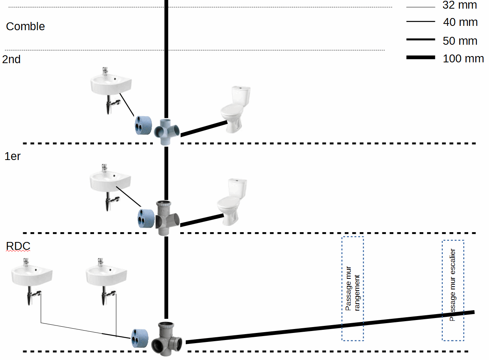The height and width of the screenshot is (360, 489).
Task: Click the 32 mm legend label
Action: pos(460,5)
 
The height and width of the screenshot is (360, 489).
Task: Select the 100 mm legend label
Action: pos(463,59)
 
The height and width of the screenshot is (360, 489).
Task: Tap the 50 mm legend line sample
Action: pos(420,40)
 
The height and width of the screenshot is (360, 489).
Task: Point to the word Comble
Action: pos(25,26)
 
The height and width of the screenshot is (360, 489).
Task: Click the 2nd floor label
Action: pos(11,60)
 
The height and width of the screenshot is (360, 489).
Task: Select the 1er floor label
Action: pos(13,156)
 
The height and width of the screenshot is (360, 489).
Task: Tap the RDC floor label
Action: pos(18,246)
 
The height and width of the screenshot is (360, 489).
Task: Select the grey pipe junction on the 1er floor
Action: pos(167,218)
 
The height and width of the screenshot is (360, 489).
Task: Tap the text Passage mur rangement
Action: pos(352,289)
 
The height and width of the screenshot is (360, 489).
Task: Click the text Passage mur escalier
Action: pos(453,285)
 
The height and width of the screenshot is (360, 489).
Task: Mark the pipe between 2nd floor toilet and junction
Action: pos(204,129)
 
